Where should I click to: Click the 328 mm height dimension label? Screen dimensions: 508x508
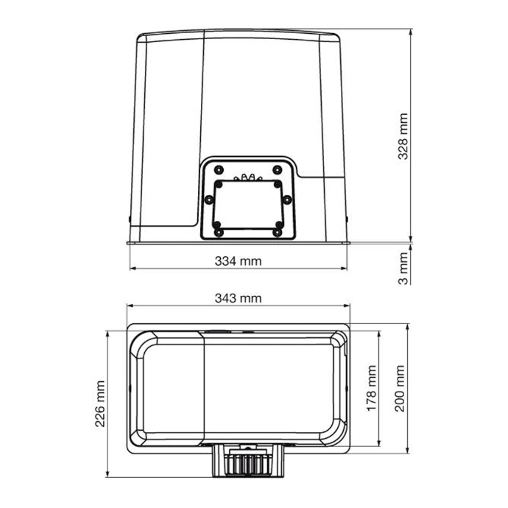[x=403, y=136]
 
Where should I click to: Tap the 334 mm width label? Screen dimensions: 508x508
[x=238, y=261]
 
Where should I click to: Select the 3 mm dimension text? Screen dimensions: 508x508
[x=403, y=269]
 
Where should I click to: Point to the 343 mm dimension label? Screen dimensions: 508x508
[x=238, y=298]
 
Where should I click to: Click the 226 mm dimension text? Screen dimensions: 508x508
[x=100, y=403]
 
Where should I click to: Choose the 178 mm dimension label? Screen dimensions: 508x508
[x=372, y=389]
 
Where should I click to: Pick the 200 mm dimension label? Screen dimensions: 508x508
[x=400, y=389]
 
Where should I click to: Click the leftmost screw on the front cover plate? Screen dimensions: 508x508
[x=210, y=200]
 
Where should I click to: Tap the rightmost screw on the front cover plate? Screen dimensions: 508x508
[x=286, y=200]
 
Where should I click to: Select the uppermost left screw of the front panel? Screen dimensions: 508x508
[x=219, y=170]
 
